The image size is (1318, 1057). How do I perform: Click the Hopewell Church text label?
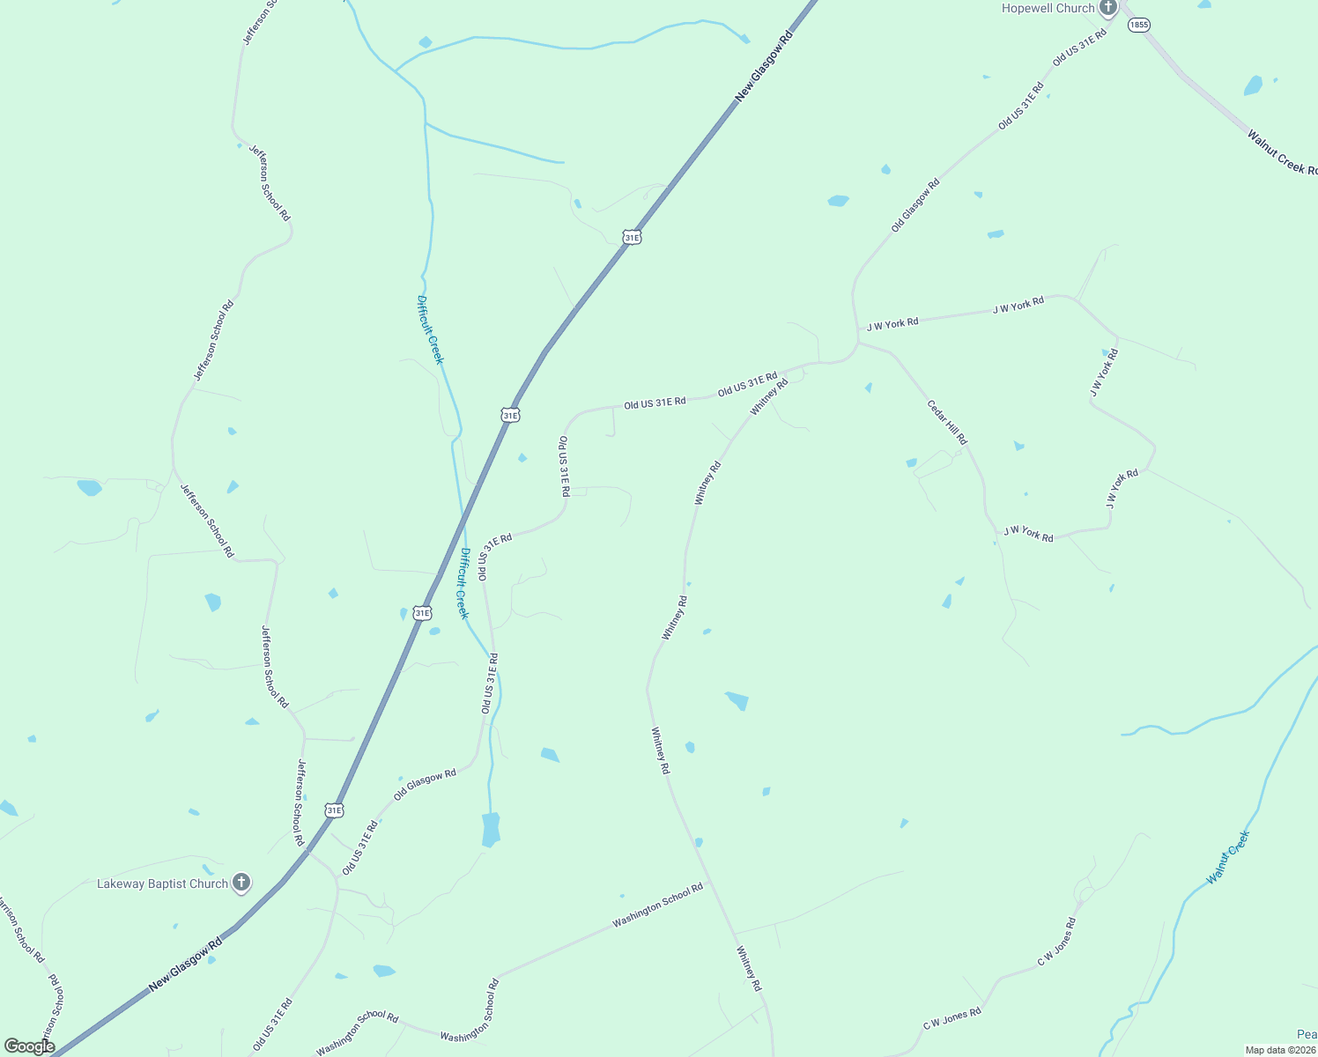(x=1048, y=8)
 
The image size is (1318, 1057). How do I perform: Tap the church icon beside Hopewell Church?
(x=1107, y=8)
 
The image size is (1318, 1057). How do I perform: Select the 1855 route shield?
(x=1139, y=25)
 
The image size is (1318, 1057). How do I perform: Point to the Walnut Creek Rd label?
(x=1282, y=152)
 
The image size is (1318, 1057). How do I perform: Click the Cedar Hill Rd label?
(x=947, y=422)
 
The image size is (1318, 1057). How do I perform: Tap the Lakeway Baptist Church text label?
(x=162, y=883)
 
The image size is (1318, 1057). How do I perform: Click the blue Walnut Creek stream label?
(x=1228, y=857)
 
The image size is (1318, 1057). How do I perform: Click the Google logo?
(x=29, y=1046)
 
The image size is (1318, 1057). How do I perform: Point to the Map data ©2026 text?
(x=1279, y=1050)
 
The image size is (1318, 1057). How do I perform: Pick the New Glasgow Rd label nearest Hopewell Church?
(x=764, y=65)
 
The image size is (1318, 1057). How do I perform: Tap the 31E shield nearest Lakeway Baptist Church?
(x=334, y=809)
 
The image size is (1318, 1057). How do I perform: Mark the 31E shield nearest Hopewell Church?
(x=632, y=237)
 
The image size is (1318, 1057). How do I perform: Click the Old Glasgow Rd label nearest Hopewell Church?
(x=915, y=205)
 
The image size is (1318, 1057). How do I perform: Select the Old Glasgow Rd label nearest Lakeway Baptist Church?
(x=425, y=784)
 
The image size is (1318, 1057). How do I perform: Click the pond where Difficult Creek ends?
(x=491, y=830)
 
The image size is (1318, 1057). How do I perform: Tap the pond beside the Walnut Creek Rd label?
(x=1253, y=85)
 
